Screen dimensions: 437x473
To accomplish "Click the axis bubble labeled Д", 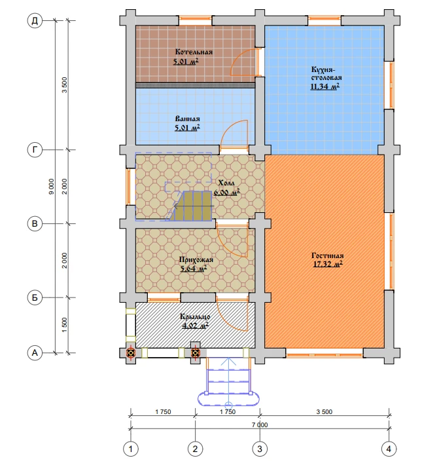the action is click(x=35, y=21).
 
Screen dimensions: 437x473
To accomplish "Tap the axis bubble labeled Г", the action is click(x=35, y=150).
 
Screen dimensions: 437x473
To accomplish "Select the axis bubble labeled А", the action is click(x=35, y=352).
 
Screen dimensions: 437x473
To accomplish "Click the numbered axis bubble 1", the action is click(x=131, y=449).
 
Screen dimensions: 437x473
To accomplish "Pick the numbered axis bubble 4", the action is click(x=389, y=449).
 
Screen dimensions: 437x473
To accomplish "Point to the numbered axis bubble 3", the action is click(x=260, y=449).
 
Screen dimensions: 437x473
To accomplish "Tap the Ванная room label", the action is click(x=187, y=119).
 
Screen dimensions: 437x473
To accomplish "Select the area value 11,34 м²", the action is click(x=325, y=87).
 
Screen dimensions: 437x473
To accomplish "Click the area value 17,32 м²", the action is click(x=328, y=264).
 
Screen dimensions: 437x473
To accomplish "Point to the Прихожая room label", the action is click(x=196, y=259).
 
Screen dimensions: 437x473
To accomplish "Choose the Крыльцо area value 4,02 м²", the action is click(x=196, y=326).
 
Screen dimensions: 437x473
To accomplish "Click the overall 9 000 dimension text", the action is click(x=52, y=187).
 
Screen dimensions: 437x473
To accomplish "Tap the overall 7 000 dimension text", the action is click(x=260, y=425).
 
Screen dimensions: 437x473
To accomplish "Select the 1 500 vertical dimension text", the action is click(x=65, y=325).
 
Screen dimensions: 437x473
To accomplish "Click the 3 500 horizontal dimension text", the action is click(x=324, y=412).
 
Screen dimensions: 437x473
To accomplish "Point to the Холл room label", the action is click(x=226, y=183).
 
